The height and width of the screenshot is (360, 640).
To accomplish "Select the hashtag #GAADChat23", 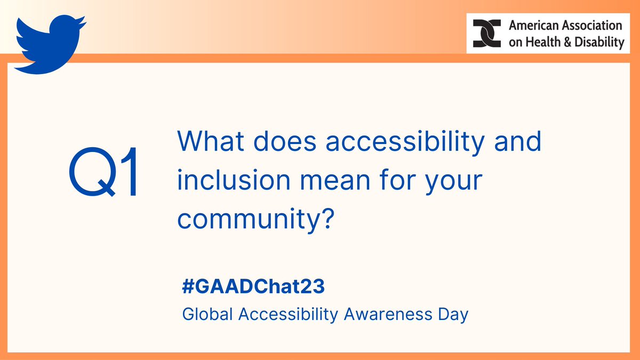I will click(x=253, y=287).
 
